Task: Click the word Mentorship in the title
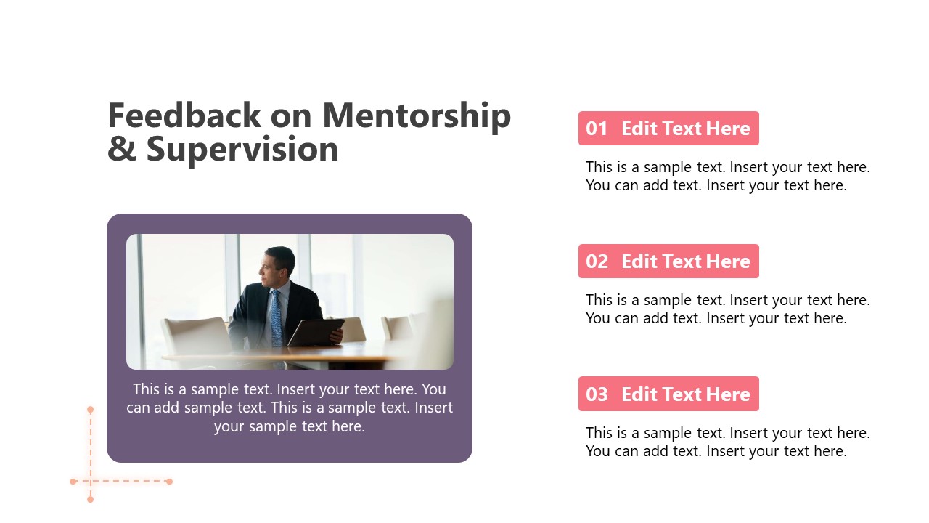click(417, 116)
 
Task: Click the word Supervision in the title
click(242, 149)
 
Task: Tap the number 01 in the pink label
click(597, 129)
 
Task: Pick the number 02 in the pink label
click(597, 261)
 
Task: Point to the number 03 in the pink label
click(597, 394)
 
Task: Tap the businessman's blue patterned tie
click(277, 317)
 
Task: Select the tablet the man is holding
click(315, 332)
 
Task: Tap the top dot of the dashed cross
click(91, 410)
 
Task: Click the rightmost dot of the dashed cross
click(169, 482)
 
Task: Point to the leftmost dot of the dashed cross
click(73, 482)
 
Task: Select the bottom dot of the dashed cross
click(91, 500)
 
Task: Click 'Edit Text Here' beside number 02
click(685, 261)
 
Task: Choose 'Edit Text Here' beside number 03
click(685, 394)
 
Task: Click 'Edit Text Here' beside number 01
click(685, 129)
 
